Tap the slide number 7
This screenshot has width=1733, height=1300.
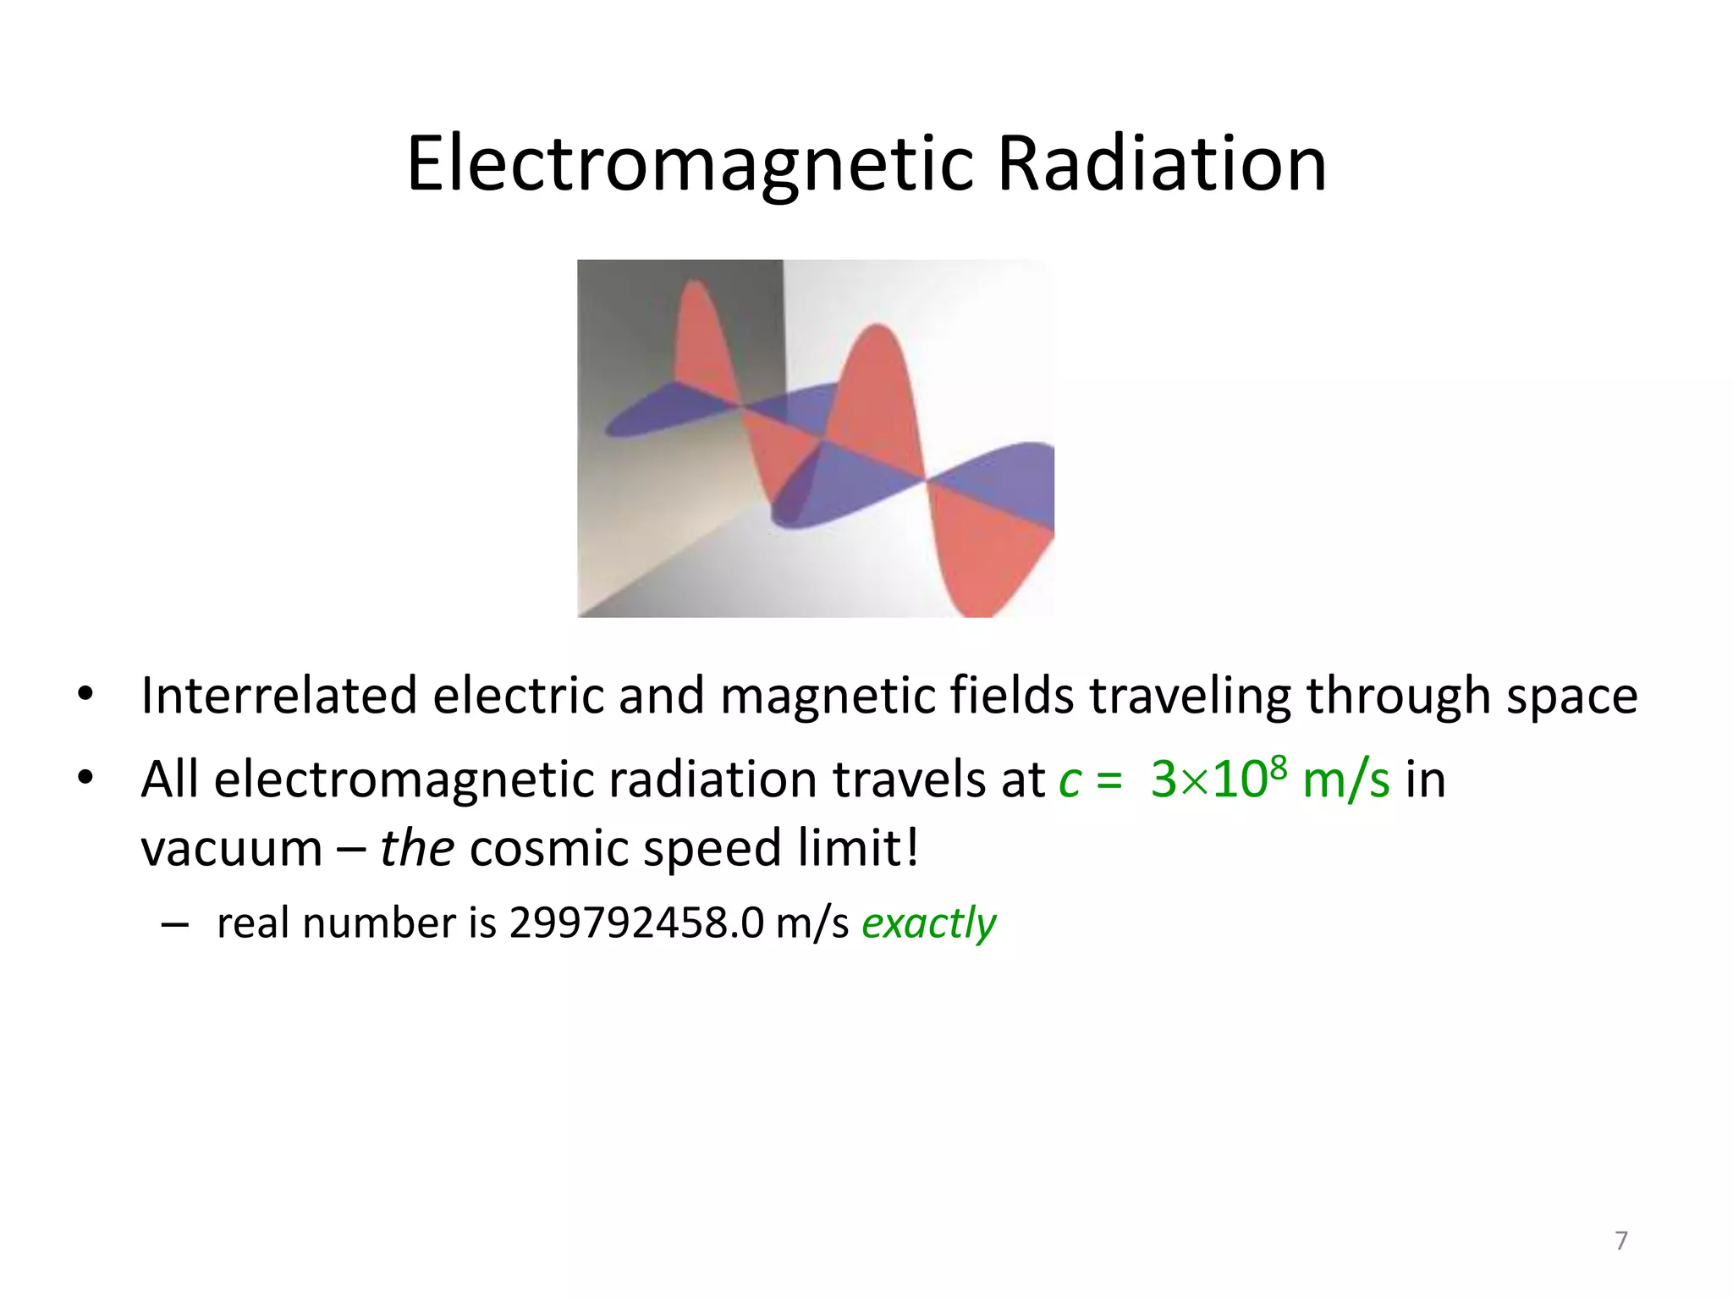[1621, 1241]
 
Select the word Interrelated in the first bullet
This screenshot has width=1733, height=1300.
[279, 696]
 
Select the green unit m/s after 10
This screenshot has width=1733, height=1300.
[1345, 780]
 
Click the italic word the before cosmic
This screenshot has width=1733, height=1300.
[417, 848]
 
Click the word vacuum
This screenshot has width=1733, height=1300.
[231, 850]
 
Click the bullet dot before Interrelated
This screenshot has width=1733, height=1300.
[85, 696]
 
